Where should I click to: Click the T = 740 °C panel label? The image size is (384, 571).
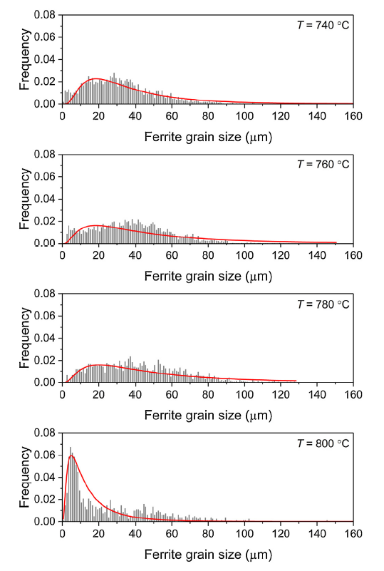pos(323,26)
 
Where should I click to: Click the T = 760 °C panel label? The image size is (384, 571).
pos(323,165)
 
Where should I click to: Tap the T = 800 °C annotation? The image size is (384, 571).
pos(323,443)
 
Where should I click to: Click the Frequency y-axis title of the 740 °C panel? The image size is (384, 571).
pos(25,59)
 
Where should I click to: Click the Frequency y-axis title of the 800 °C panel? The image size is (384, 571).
pos(25,477)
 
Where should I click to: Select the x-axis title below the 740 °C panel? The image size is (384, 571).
pos(208,136)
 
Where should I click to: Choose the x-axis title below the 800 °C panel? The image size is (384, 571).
pos(208,554)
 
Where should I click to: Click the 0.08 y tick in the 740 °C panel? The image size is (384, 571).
pos(45,14)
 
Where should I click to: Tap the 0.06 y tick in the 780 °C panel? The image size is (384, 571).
pos(45,315)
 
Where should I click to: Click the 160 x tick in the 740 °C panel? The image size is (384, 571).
pos(353,115)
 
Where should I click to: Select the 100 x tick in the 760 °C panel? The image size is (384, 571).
pos(244,254)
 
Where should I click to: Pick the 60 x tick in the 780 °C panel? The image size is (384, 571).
pos(172,394)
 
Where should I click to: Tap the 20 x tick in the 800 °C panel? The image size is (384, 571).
pos(99,533)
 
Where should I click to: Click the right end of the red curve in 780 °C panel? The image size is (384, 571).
pos(296,381)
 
